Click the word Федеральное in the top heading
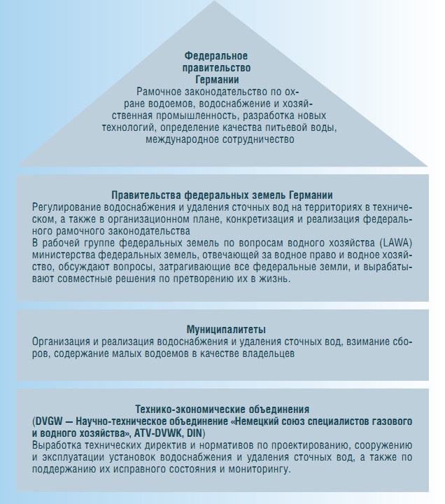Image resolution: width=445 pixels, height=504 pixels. [x=216, y=55]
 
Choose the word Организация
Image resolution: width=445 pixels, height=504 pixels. [x=62, y=341]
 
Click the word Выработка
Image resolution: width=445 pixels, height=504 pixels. [x=57, y=444]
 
